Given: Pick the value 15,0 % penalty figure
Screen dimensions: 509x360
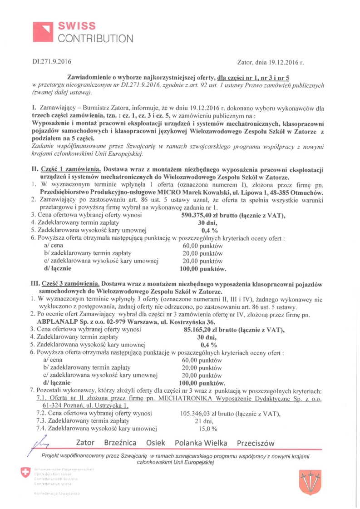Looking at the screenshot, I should tap(208, 429).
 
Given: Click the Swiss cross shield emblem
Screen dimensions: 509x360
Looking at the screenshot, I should tap(24, 474).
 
